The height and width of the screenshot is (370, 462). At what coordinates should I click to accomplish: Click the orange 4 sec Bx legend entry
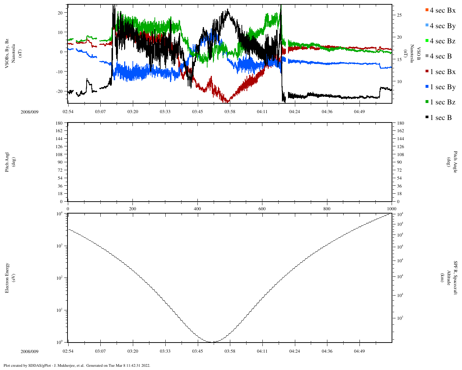(440, 10)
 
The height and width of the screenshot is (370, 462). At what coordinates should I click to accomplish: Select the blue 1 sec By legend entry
(440, 87)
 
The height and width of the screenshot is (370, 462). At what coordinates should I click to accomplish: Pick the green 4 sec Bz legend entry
(440, 41)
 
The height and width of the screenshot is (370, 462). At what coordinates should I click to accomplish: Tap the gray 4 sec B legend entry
(438, 56)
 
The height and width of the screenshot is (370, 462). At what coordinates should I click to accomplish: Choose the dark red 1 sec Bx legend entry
(440, 72)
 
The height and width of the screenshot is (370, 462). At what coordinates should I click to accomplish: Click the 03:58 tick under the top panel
(230, 112)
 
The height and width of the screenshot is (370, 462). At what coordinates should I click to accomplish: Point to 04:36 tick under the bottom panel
(327, 351)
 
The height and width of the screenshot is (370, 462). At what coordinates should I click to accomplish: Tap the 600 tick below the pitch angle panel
(262, 209)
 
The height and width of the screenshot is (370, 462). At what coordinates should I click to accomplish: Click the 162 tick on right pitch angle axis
(400, 131)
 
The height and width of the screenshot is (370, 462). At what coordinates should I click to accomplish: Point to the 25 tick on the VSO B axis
(399, 15)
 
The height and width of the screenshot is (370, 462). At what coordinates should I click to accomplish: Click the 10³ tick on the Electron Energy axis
(59, 246)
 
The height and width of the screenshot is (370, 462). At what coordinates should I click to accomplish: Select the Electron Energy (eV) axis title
(10, 278)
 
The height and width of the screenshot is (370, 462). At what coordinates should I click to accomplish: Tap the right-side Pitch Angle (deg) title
(451, 162)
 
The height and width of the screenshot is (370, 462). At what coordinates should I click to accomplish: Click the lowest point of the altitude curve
(213, 342)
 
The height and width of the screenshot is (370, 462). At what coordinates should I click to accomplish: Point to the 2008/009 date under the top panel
(30, 112)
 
